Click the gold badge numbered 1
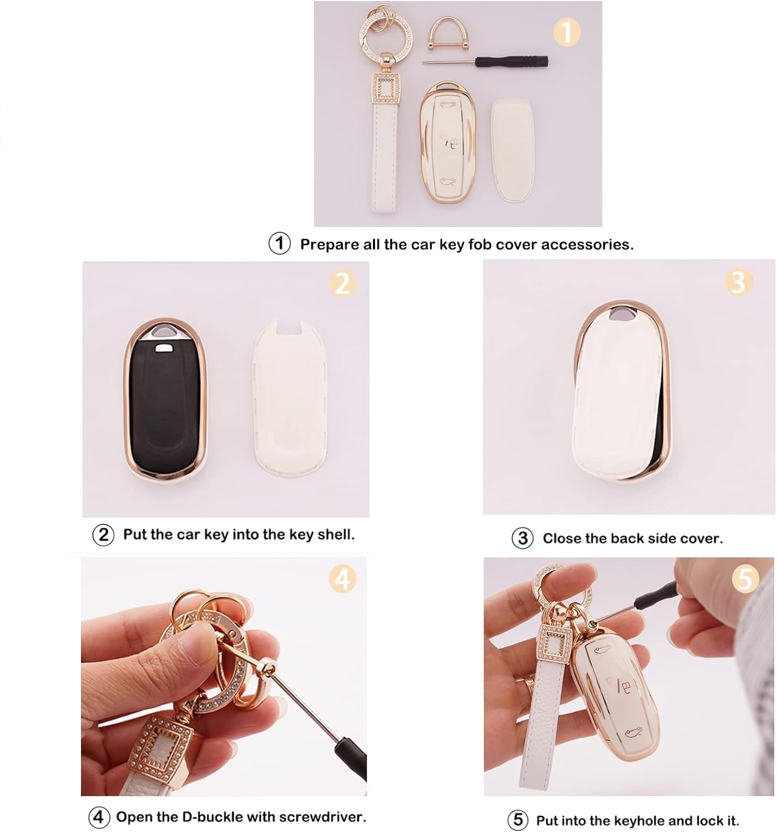566,33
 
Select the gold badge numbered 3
738,282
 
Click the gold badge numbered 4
343,580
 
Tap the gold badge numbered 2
342,283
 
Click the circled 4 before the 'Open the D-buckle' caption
99,817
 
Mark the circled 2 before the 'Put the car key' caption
103,535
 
